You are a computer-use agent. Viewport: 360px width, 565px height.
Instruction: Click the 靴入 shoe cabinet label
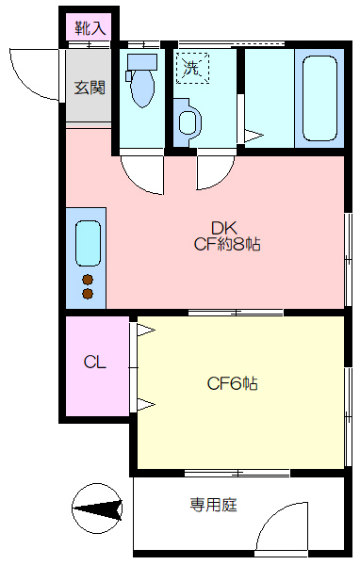tap(90, 28)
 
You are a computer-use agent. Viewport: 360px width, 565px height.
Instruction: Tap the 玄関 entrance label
tap(90, 88)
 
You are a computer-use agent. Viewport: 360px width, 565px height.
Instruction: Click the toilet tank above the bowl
tap(142, 62)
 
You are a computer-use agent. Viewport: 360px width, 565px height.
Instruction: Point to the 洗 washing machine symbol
tap(192, 68)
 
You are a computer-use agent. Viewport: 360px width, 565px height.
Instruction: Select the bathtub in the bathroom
tap(319, 98)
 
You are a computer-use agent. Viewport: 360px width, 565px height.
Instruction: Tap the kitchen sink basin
tap(88, 243)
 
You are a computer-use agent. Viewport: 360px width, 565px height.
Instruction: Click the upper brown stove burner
tap(88, 280)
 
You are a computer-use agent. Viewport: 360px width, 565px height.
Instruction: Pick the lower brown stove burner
tap(88, 294)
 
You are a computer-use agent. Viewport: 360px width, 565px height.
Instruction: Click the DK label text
tap(223, 228)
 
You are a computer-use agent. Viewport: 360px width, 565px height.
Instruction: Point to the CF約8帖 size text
tap(227, 245)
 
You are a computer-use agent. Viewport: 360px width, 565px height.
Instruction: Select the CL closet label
tap(95, 362)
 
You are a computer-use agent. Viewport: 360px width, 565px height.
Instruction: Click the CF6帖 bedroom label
tap(233, 384)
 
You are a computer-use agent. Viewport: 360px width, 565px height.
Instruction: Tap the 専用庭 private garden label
tap(214, 505)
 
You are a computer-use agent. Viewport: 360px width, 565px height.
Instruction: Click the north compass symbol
tap(97, 508)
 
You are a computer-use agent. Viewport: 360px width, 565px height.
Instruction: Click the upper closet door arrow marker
tap(146, 331)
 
